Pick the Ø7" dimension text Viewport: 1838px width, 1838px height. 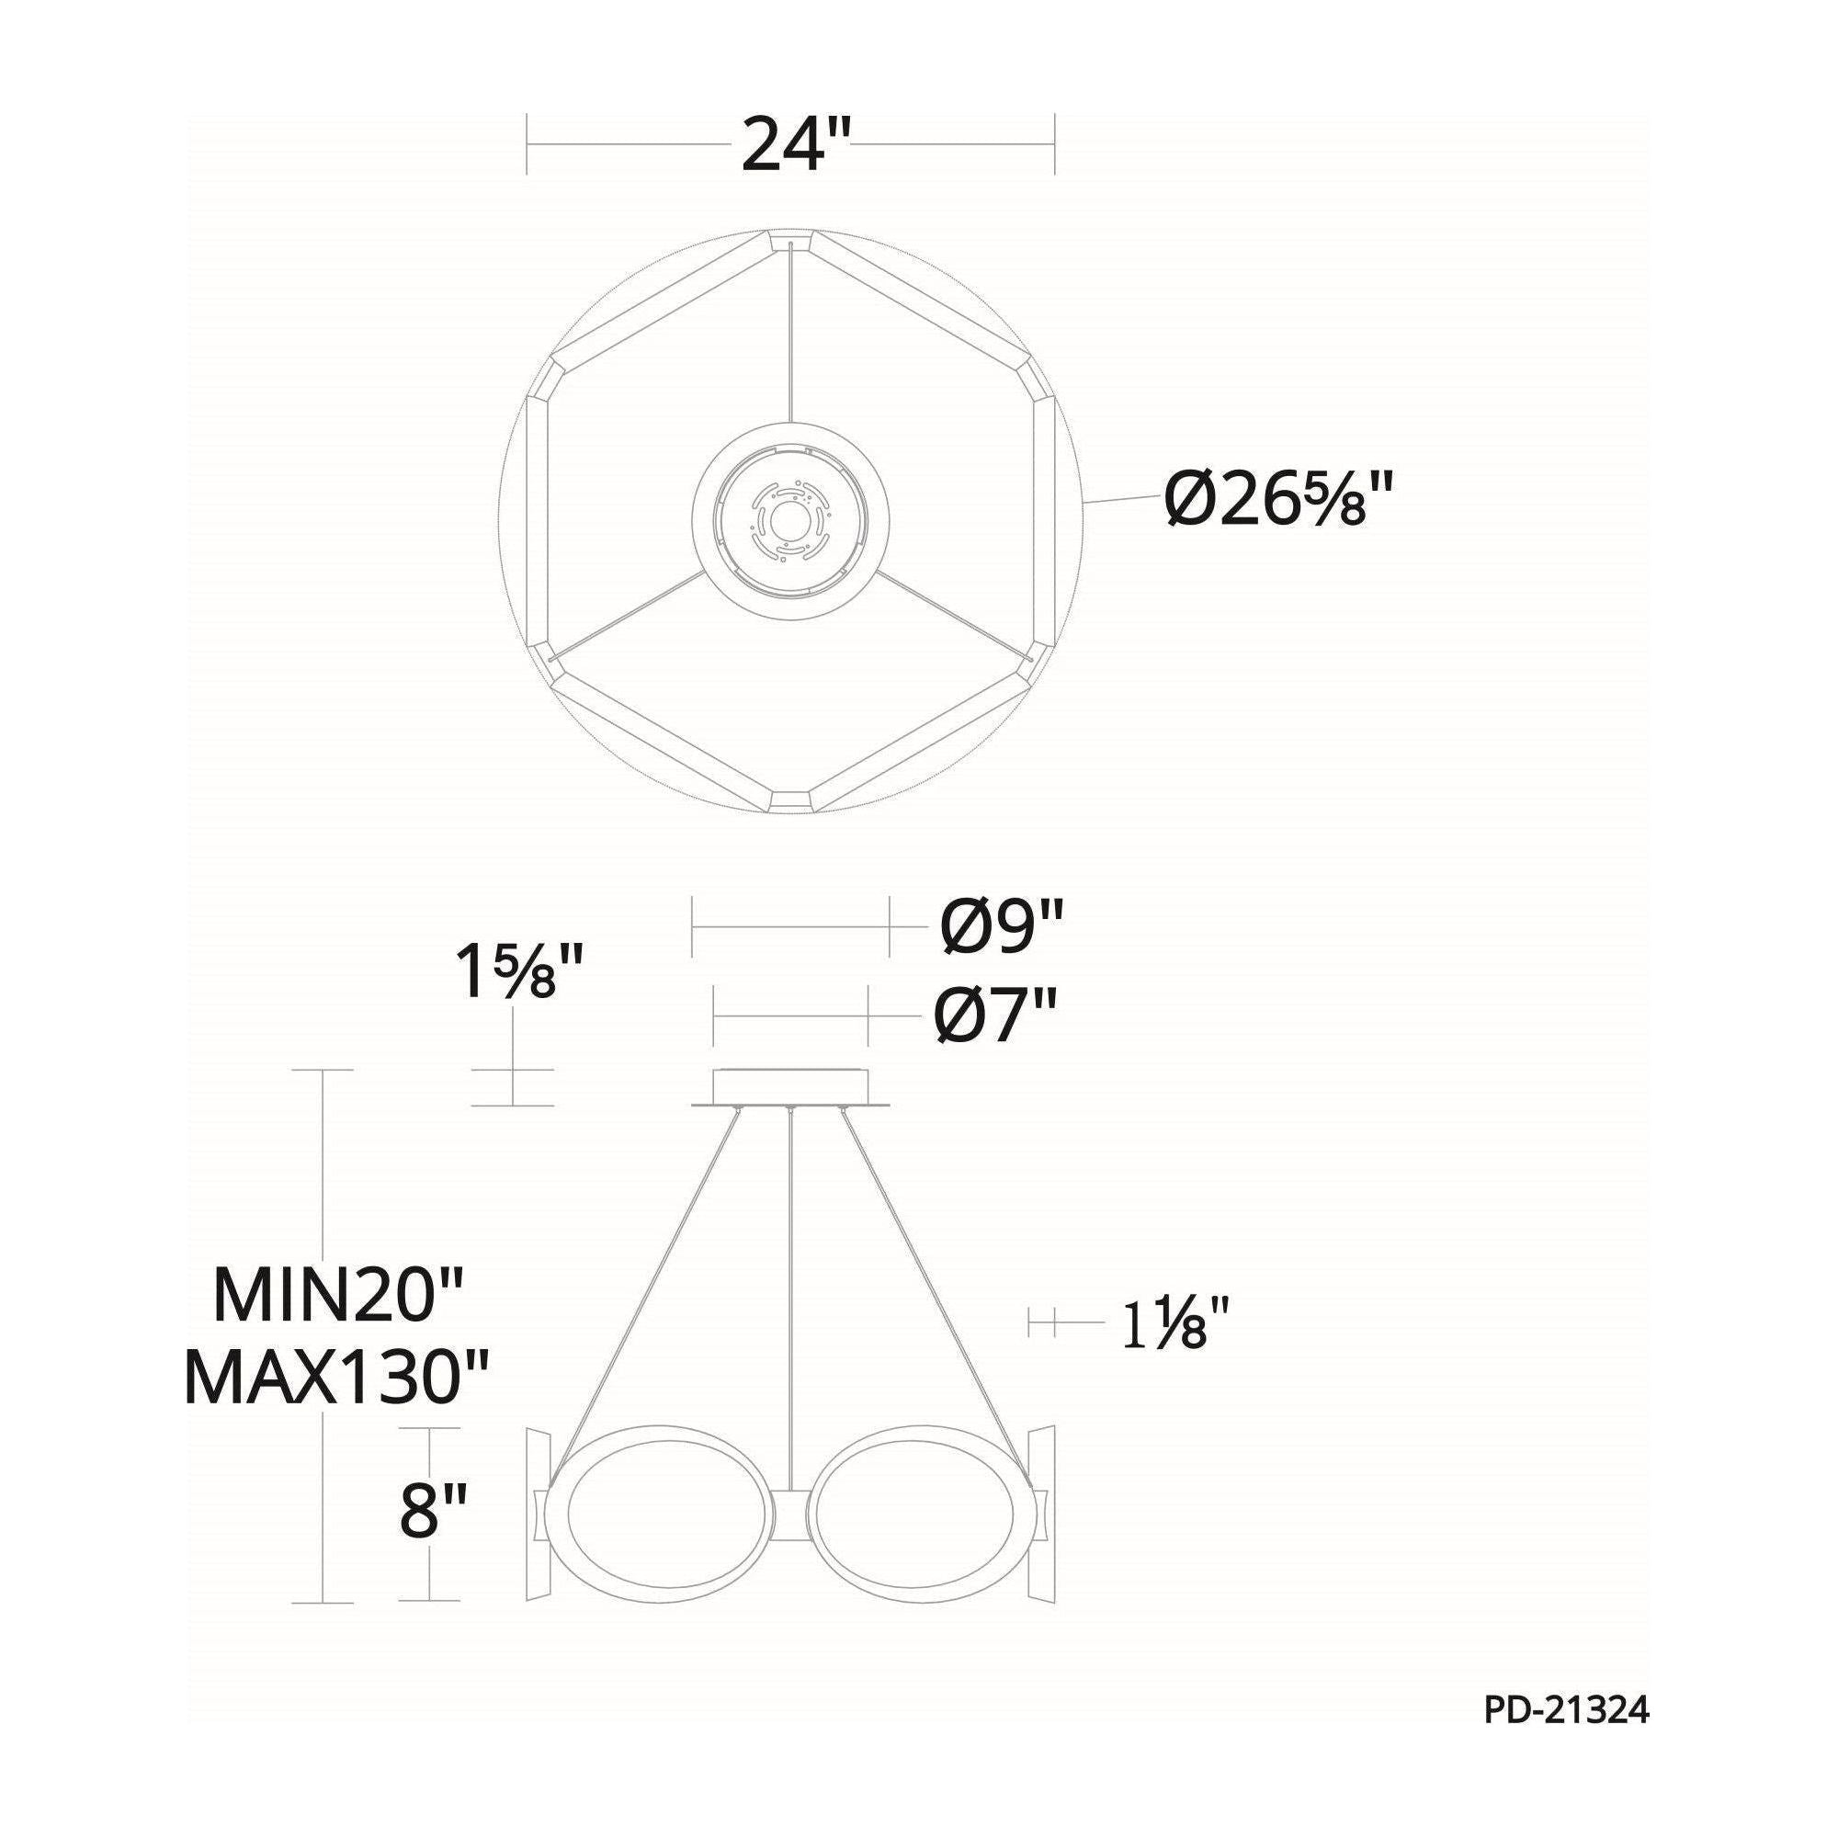point(995,1015)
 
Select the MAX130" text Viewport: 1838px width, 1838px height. point(335,1377)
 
